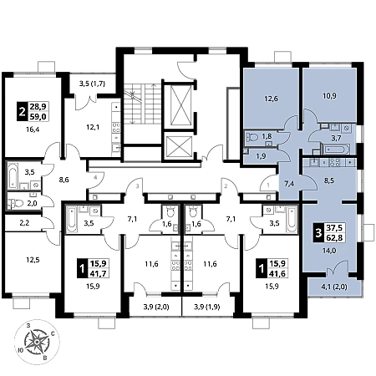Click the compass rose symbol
pos(37,341)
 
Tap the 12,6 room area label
pos(271,99)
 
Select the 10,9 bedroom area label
pos(329,96)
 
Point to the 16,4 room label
pos(33,130)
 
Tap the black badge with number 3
pos(318,232)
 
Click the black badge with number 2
pos(22,111)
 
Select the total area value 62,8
pos(334,238)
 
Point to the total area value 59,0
pos(38,116)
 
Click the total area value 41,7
pos(99,273)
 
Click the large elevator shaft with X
pos(181,105)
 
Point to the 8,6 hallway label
pos(64,180)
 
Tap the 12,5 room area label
pos(33,260)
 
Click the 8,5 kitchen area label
pos(329,180)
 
